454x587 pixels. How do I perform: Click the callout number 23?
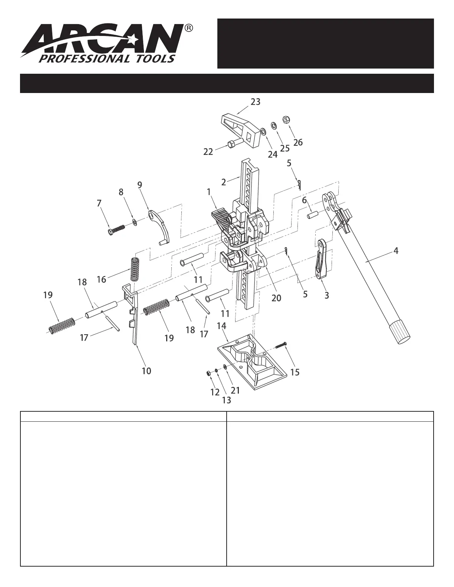click(256, 102)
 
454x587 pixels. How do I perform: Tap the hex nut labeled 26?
click(286, 119)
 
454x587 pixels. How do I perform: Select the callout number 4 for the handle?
click(396, 251)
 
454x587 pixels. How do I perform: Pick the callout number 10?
click(147, 371)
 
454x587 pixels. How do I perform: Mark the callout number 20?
click(276, 298)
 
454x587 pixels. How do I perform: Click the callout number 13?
click(226, 400)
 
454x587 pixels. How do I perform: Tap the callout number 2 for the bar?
click(224, 182)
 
